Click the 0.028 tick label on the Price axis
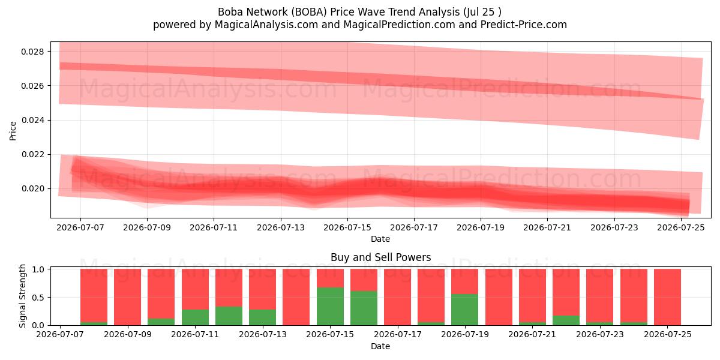tap(32, 52)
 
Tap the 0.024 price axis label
tap(32, 120)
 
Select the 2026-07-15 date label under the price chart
tap(347, 227)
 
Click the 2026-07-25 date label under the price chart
tap(681, 227)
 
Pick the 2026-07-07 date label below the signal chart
tap(60, 334)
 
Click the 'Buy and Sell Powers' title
tap(380, 257)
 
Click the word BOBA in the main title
tap(309, 12)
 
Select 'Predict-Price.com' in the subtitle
tap(524, 25)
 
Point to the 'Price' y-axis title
tap(13, 131)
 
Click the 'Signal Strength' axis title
tap(22, 296)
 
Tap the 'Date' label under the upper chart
tap(380, 239)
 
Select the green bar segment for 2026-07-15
tap(330, 306)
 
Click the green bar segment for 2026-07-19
tap(465, 310)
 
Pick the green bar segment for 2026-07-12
tap(229, 316)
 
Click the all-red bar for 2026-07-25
tap(667, 297)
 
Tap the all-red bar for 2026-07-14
tap(296, 297)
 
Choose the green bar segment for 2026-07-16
tap(364, 308)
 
